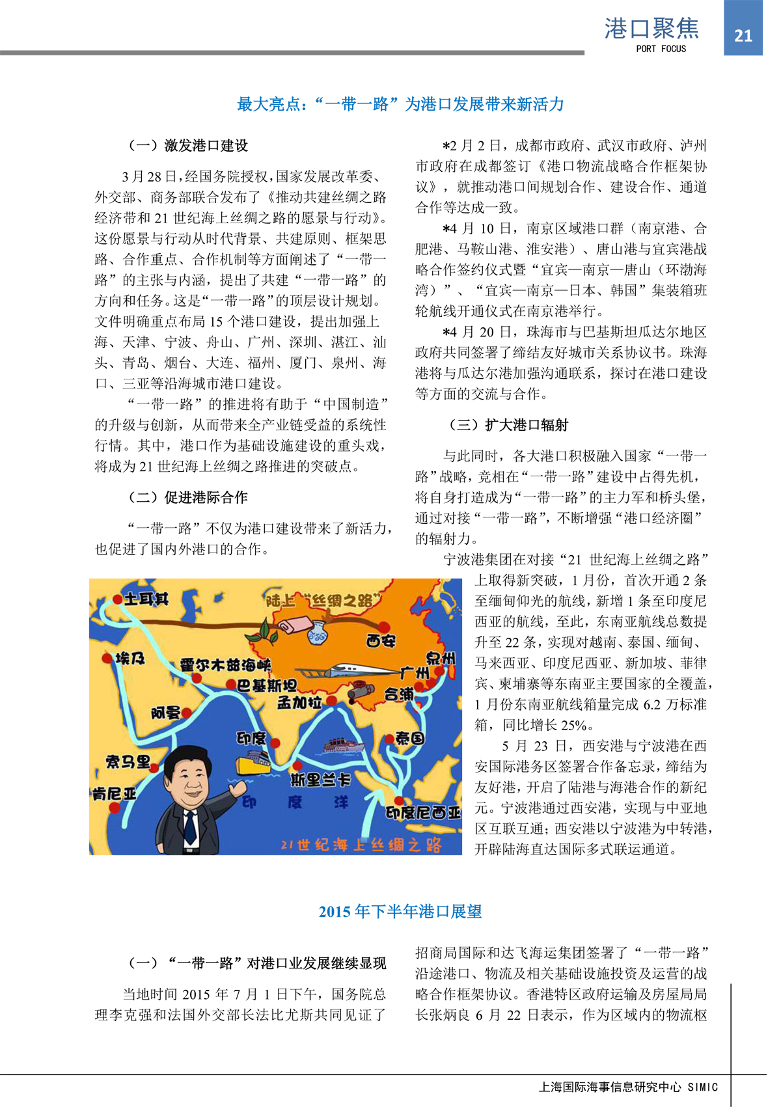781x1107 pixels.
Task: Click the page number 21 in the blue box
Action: pyautogui.click(x=743, y=36)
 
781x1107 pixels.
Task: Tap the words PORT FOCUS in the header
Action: pyautogui.click(x=661, y=49)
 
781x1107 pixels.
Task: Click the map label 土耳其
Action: pyautogui.click(x=146, y=599)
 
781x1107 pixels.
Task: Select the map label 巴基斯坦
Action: pyautogui.click(x=266, y=685)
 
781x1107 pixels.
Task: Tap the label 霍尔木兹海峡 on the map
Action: pyautogui.click(x=225, y=665)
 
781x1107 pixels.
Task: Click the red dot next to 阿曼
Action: pyautogui.click(x=187, y=713)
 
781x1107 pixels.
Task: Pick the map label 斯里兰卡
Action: pyautogui.click(x=321, y=780)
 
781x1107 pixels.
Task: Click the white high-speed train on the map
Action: pyautogui.click(x=345, y=672)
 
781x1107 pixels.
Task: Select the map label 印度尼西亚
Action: pyautogui.click(x=423, y=813)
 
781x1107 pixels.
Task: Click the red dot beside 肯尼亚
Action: pyautogui.click(x=115, y=808)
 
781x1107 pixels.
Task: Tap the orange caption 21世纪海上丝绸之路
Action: pyautogui.click(x=361, y=845)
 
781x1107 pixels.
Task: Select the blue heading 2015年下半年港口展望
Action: pyautogui.click(x=400, y=912)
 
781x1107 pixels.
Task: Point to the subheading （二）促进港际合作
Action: pyautogui.click(x=187, y=497)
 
